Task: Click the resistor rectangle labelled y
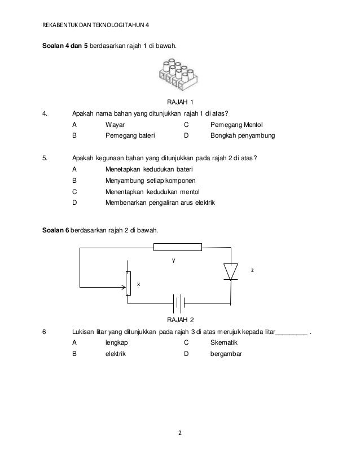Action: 178,247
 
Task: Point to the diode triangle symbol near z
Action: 230,271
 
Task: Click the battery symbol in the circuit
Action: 179,304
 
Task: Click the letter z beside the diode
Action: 252,271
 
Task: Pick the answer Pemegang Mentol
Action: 236,125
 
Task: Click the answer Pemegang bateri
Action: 130,136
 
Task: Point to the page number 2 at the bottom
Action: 179,433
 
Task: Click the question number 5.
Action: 45,158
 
